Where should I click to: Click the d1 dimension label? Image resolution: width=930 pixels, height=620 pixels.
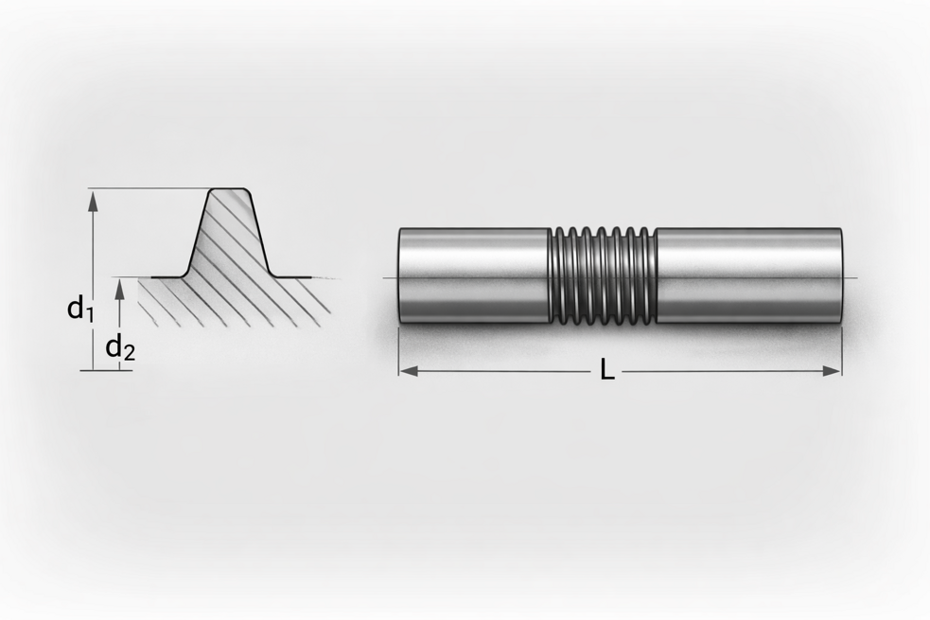pyautogui.click(x=80, y=310)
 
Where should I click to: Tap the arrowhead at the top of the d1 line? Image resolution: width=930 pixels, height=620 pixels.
pyautogui.click(x=92, y=201)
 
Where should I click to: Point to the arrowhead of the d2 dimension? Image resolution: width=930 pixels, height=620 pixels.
pyautogui.click(x=120, y=289)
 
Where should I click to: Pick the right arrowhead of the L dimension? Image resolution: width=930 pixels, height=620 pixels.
pyautogui.click(x=831, y=371)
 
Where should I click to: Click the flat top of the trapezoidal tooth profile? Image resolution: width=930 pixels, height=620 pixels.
pyautogui.click(x=229, y=189)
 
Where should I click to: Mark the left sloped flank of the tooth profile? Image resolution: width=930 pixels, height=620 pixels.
pyautogui.click(x=198, y=233)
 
